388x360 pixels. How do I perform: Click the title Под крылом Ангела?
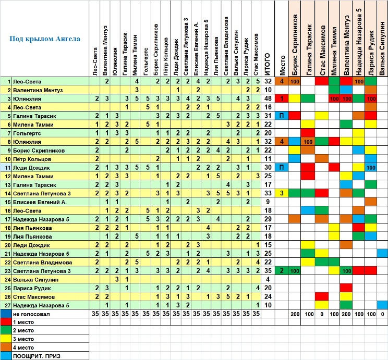click(45, 39)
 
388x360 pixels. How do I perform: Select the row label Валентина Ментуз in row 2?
click(39, 90)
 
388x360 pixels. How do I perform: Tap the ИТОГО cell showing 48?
click(268, 98)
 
